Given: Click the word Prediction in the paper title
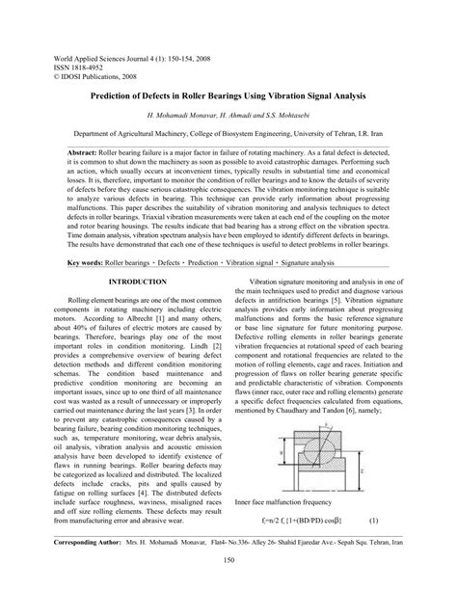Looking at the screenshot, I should (121, 96).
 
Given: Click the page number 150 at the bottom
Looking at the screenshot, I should (228, 585).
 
